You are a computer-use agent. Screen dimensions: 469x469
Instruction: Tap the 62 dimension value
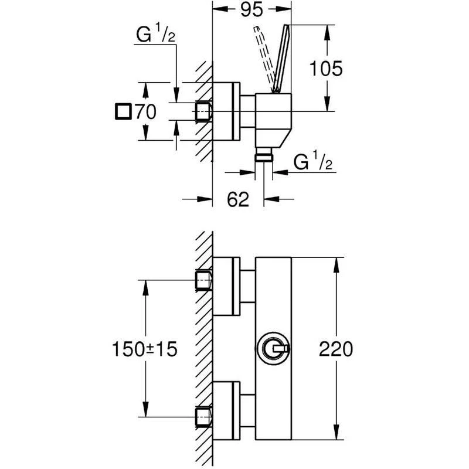click(x=237, y=200)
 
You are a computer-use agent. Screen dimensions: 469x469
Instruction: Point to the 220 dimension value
click(x=336, y=349)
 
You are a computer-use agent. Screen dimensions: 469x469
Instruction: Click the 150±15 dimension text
click(x=144, y=350)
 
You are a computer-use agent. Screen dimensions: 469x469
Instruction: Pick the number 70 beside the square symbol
click(x=145, y=111)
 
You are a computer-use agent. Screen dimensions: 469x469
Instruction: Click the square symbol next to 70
click(x=124, y=111)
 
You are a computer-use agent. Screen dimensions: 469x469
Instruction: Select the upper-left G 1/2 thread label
click(x=155, y=37)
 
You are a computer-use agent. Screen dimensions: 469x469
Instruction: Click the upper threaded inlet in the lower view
click(x=203, y=282)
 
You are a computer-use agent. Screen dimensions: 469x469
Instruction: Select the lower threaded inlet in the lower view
click(x=203, y=416)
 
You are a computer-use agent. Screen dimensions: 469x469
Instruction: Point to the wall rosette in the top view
click(x=226, y=111)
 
